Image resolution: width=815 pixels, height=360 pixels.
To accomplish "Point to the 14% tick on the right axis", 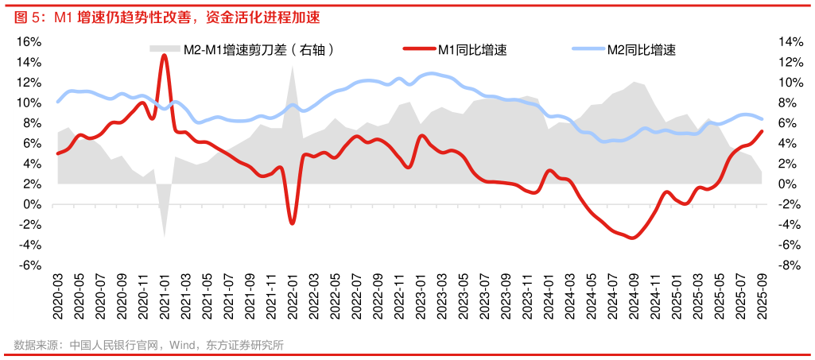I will pyautogui.click(x=787, y=41).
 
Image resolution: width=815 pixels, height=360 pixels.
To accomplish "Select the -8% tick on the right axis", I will pyautogui.click(x=787, y=265).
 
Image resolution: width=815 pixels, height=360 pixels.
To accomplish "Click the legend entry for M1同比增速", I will pyautogui.click(x=472, y=50).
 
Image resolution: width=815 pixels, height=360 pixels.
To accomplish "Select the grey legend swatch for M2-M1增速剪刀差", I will pyautogui.click(x=165, y=50).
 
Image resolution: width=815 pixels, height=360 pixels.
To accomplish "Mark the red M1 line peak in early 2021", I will pyautogui.click(x=164, y=56).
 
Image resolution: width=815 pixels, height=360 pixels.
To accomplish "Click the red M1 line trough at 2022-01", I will pyautogui.click(x=292, y=223).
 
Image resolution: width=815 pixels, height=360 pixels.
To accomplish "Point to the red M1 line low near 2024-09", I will pyautogui.click(x=632, y=238).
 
